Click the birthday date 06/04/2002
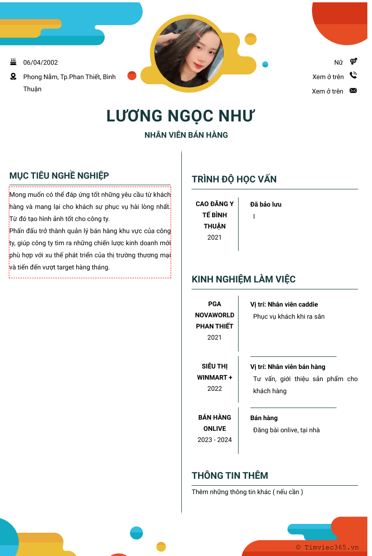[x=40, y=62]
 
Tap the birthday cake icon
[x=13, y=62]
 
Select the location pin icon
[x=13, y=77]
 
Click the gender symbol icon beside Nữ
[x=353, y=61]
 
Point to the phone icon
[x=353, y=75]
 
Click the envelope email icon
[x=353, y=91]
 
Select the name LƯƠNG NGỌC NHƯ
[x=181, y=116]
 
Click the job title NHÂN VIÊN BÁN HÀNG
[x=186, y=135]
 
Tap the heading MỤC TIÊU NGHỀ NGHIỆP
[x=59, y=175]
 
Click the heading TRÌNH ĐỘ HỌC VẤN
[x=234, y=179]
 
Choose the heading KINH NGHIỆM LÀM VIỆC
[x=244, y=279]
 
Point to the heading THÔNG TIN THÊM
[x=230, y=476]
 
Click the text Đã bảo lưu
[x=266, y=204]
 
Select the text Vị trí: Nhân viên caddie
[x=284, y=304]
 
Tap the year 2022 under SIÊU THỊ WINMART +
[x=214, y=389]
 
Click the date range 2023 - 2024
[x=214, y=440]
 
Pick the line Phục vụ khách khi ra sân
[x=289, y=316]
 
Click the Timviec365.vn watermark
[x=327, y=548]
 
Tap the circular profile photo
[x=189, y=54]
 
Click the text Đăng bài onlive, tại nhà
[x=286, y=430]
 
